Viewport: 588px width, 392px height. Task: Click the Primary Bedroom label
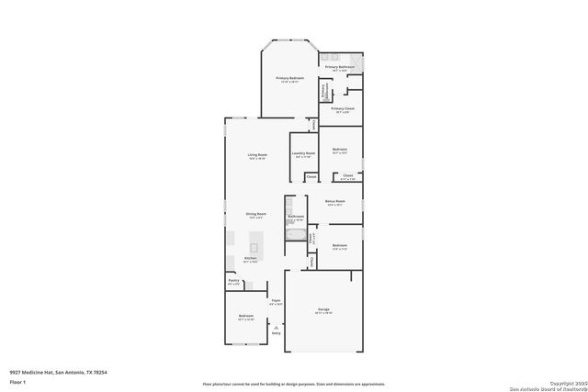click(290, 79)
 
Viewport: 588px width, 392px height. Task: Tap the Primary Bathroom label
click(339, 68)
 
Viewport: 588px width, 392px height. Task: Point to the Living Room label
click(257, 155)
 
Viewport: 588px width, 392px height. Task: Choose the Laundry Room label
click(304, 153)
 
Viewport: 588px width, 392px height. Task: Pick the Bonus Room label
click(335, 202)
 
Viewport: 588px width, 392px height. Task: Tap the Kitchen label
click(250, 259)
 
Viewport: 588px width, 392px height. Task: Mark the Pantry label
click(233, 281)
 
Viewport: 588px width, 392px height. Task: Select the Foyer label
click(275, 301)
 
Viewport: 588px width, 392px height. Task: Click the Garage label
click(323, 310)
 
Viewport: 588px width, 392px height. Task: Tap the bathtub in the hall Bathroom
click(295, 237)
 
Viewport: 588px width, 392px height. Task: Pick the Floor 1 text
click(17, 380)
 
